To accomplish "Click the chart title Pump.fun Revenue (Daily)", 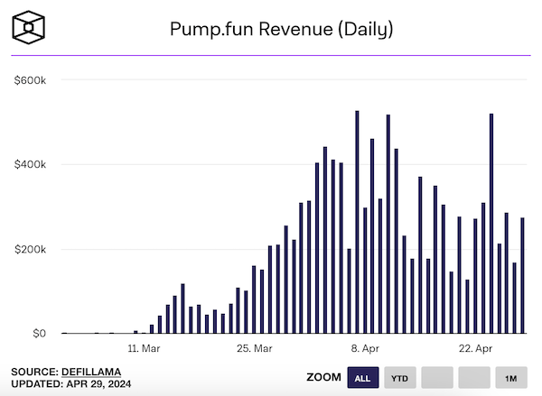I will pos(282,29).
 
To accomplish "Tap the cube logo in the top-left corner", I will pos(32,27).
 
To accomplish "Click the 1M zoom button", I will pos(511,377).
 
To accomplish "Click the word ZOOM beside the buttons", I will pos(324,377).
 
